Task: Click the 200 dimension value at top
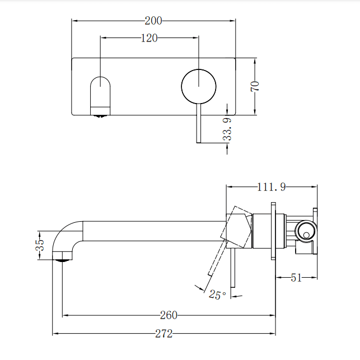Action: point(153,21)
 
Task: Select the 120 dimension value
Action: point(149,38)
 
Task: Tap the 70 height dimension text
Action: point(255,86)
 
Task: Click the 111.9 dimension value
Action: point(271,187)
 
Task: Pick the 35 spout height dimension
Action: point(39,245)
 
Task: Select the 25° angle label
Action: point(217,294)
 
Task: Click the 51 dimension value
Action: point(296,277)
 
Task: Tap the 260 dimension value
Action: point(169,315)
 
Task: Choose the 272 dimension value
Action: point(163,334)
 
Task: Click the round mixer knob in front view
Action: point(198,86)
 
